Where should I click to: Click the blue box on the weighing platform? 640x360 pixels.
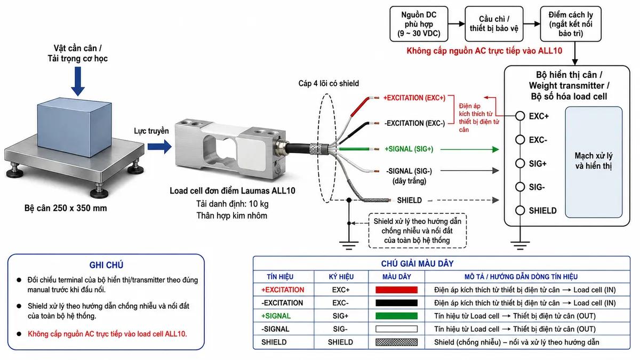pos(74,127)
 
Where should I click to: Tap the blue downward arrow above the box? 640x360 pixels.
pos(78,81)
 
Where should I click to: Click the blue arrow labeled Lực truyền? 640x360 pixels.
pos(159,147)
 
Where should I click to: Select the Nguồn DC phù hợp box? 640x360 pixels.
pos(419,24)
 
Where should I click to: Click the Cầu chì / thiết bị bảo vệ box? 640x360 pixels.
pos(494,24)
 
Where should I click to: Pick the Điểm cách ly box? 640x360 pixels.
pos(571,24)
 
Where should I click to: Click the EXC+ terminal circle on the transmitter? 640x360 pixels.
pos(520,116)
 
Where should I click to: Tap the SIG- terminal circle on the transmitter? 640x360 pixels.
pos(520,187)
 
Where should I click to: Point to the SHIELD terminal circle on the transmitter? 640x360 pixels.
pos(520,210)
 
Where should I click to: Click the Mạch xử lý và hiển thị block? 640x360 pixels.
pos(594,162)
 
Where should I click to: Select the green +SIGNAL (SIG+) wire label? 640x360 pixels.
pos(409,149)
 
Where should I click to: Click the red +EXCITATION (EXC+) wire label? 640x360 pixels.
pos(414,98)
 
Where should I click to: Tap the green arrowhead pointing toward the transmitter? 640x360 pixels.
pos(495,149)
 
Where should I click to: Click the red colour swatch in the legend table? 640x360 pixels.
pos(396,290)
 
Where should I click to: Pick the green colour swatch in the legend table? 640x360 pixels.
pos(396,316)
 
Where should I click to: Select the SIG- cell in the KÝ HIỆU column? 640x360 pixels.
pos(340,329)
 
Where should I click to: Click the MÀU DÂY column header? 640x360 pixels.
pos(397,277)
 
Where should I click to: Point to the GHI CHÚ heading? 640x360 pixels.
pos(106,265)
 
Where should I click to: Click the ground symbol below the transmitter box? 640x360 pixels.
pos(520,246)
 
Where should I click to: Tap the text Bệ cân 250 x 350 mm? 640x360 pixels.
pos(66,208)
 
